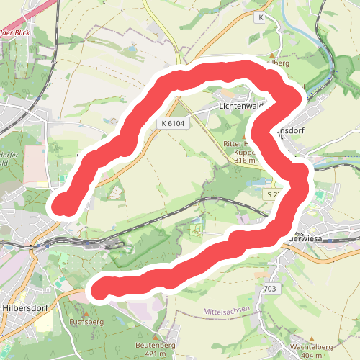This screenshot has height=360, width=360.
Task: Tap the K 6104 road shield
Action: pyautogui.click(x=173, y=124)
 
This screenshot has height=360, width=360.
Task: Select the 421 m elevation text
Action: pyautogui.click(x=156, y=354)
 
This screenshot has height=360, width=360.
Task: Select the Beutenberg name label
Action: pyautogui.click(x=156, y=346)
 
